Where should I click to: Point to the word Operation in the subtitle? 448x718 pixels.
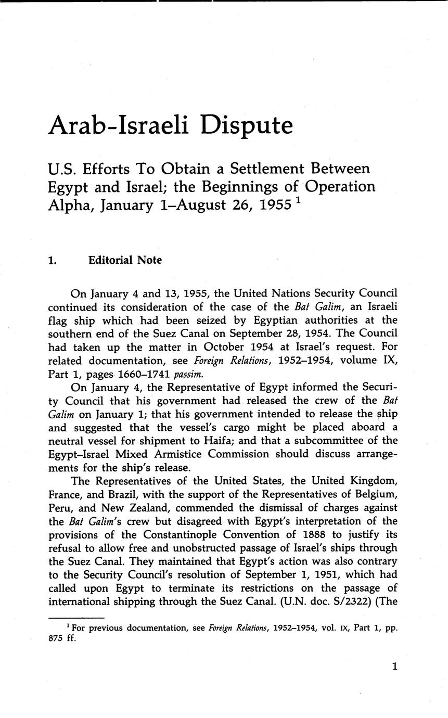click(x=340, y=186)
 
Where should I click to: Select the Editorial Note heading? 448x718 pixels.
click(x=125, y=260)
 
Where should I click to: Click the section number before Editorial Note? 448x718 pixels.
click(x=53, y=260)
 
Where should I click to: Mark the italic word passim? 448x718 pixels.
click(x=187, y=374)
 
